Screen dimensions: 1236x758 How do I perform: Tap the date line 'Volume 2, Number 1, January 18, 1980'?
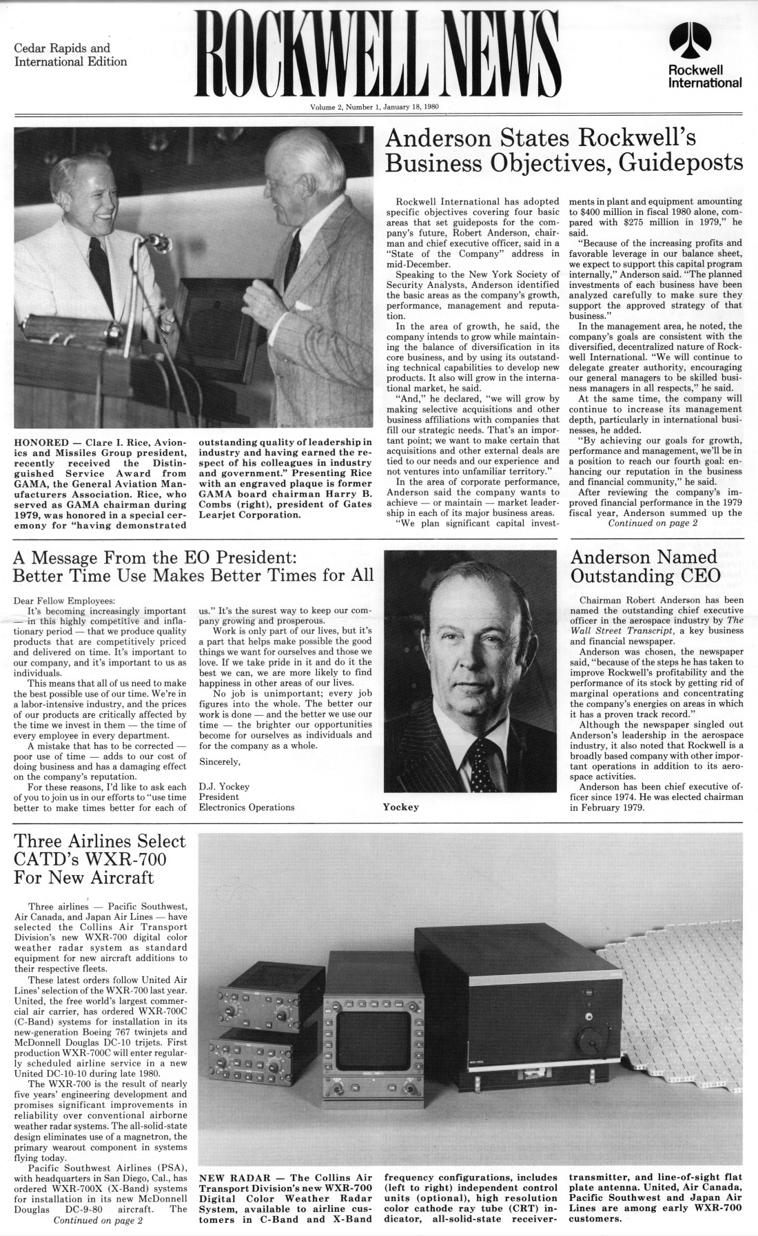tap(375, 107)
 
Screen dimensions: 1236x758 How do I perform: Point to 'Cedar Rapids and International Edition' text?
tap(70, 55)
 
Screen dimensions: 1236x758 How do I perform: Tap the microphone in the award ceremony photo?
tap(160, 242)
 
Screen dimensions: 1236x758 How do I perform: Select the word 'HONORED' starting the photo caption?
tap(41, 442)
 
